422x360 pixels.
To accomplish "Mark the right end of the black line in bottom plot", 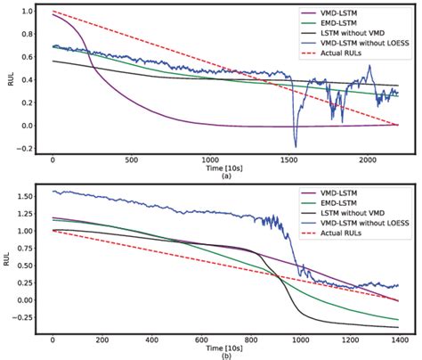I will [x=397, y=326].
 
